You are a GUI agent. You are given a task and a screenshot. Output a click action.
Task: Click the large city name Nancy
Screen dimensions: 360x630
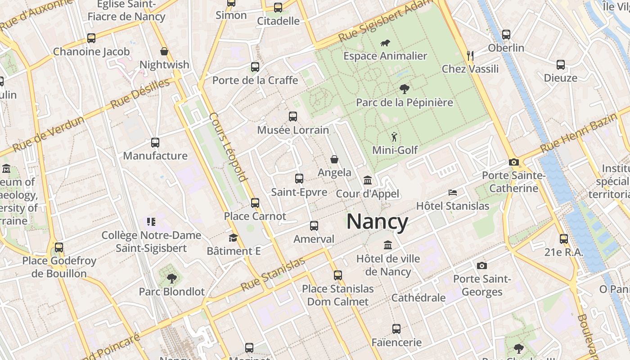(x=377, y=222)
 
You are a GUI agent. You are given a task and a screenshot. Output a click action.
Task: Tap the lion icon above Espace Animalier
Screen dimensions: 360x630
(x=385, y=44)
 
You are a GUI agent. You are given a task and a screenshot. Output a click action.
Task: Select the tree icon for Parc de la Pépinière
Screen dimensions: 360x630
(x=404, y=89)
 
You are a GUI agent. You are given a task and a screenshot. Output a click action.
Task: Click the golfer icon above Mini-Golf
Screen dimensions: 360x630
(x=395, y=137)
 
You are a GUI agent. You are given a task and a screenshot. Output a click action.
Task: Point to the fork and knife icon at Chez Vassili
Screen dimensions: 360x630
(x=470, y=55)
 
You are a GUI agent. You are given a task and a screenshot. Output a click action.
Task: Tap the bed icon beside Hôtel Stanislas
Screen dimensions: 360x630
(x=453, y=193)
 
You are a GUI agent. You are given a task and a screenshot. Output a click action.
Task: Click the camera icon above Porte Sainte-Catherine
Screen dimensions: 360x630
(x=513, y=162)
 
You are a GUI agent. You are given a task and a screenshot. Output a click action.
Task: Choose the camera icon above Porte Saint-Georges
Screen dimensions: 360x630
(x=482, y=265)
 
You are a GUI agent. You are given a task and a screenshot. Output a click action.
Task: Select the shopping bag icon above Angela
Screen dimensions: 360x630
(x=334, y=159)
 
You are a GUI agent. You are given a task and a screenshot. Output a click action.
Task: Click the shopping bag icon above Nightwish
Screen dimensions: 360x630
(x=164, y=51)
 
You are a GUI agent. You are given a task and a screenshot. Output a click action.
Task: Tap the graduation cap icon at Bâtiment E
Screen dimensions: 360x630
(x=233, y=238)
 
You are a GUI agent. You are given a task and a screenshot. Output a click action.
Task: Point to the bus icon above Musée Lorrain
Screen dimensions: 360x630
(x=293, y=117)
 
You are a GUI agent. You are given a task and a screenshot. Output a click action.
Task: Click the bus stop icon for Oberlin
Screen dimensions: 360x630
(x=506, y=34)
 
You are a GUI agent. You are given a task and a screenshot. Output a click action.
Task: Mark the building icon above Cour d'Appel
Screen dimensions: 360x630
(x=368, y=180)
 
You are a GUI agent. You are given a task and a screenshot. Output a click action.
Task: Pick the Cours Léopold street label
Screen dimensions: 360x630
(x=229, y=147)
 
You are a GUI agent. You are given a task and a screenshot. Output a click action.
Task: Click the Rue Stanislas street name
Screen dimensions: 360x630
(x=273, y=274)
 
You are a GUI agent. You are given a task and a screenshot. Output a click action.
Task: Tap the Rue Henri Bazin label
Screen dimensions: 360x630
(x=579, y=133)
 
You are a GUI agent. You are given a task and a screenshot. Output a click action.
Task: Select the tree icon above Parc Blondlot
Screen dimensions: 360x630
(x=171, y=279)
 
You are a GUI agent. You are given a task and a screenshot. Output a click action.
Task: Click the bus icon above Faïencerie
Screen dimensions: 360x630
(x=396, y=329)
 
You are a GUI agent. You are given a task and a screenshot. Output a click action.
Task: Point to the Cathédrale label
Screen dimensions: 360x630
(x=418, y=298)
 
